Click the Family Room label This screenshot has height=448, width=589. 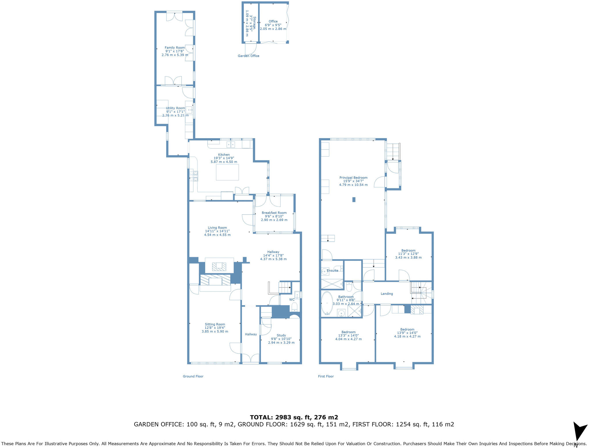(175, 48)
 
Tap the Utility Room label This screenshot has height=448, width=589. (175, 108)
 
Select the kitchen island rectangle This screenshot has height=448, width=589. (227, 172)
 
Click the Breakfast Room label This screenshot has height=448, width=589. (274, 213)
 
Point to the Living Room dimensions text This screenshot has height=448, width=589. (217, 233)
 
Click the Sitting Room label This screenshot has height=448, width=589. (215, 324)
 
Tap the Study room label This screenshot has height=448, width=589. (281, 335)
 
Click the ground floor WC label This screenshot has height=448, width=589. (292, 299)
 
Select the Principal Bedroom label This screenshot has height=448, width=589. (353, 178)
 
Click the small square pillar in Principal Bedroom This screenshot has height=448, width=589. (354, 199)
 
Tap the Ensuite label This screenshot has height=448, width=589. (332, 271)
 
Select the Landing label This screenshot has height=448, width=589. (387, 294)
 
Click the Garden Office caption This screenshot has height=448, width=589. (248, 56)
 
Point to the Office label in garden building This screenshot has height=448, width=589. (273, 21)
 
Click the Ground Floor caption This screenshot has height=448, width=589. (193, 376)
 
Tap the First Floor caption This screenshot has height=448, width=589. (326, 376)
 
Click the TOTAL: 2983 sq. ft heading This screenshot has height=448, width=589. (294, 417)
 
